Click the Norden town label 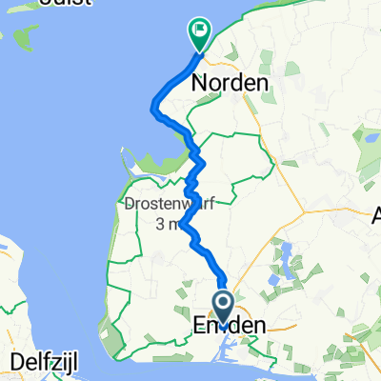coord(230,84)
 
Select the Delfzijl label coord(49,359)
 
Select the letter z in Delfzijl coord(59,359)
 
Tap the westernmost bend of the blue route coord(152,108)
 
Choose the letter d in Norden coord(236,84)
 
